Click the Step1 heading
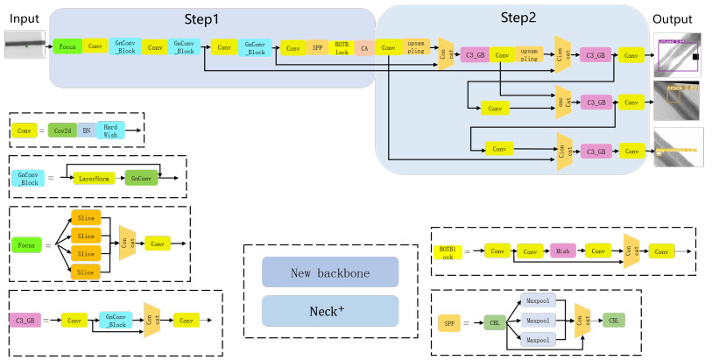click(x=202, y=18)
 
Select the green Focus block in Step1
click(x=67, y=46)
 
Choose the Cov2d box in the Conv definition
click(x=62, y=130)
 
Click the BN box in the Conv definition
click(x=86, y=130)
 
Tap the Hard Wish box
click(x=111, y=130)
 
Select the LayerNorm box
click(x=93, y=178)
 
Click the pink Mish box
click(x=563, y=251)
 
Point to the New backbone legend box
click(x=329, y=273)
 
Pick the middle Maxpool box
click(x=538, y=321)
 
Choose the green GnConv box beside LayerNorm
click(x=141, y=178)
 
